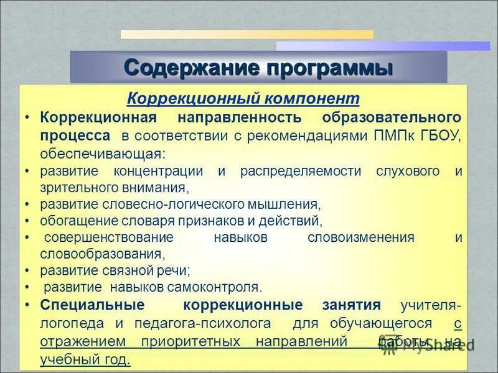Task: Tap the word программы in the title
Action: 331,67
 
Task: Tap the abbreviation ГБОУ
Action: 438,136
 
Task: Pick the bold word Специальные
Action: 92,305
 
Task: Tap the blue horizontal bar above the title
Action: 383,46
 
